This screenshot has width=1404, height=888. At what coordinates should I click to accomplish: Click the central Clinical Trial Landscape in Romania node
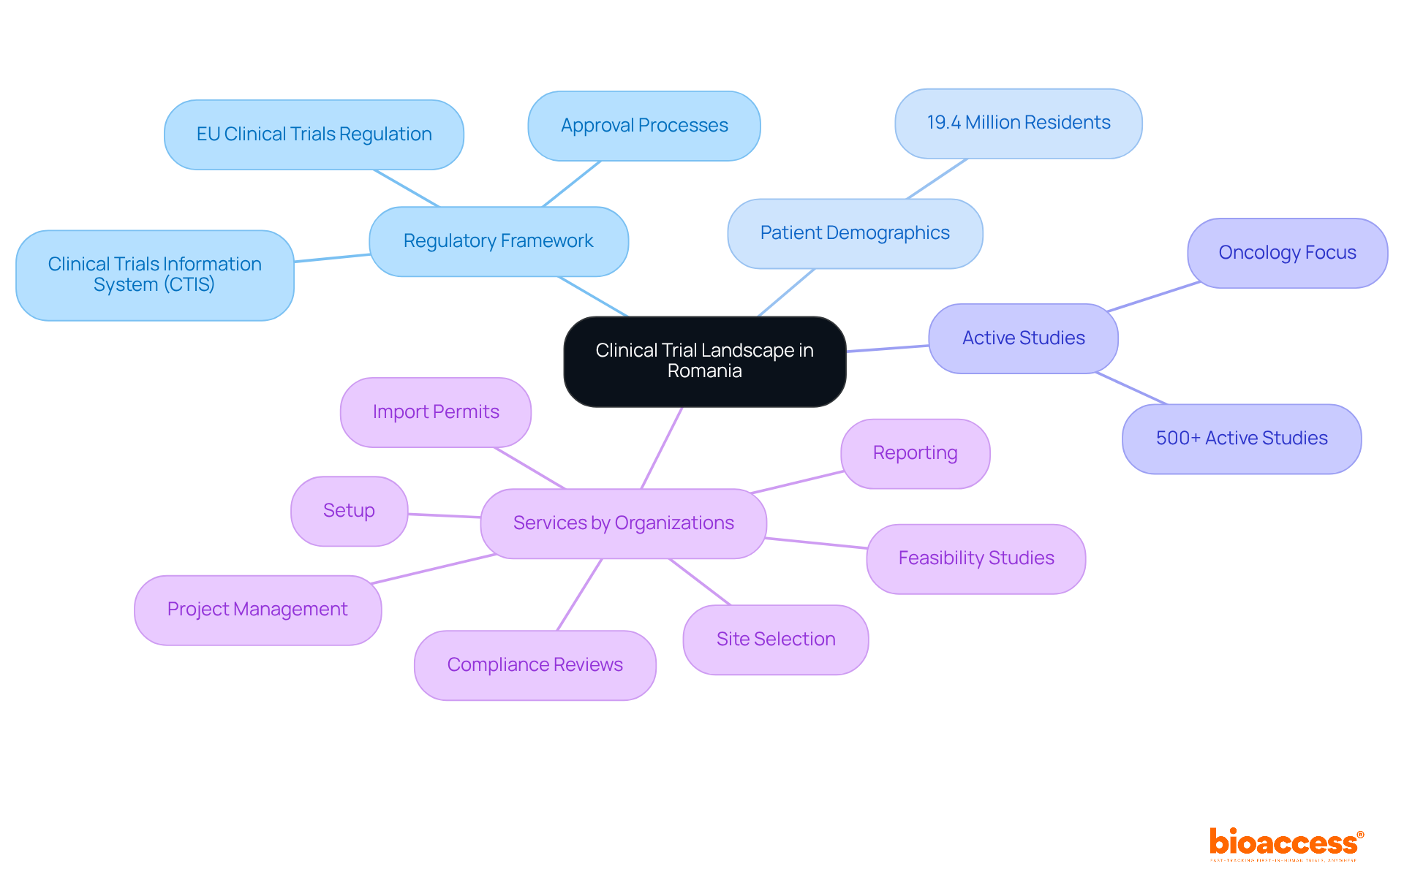pos(704,361)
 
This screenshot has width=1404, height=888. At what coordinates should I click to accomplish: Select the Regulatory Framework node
pos(499,241)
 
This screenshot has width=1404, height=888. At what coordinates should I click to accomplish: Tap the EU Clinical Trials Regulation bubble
pos(314,134)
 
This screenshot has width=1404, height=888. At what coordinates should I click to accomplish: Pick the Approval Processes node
pos(644,126)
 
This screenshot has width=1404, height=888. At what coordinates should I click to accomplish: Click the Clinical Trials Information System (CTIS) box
pos(155,275)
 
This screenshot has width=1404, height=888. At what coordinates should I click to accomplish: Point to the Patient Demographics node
pos(855,233)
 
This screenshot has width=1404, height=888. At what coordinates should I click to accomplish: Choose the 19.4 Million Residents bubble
pos(1019,123)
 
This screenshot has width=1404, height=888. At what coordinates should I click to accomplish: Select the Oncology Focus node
pos(1287,253)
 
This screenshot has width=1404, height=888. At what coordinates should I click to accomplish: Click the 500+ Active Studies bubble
pos(1242,439)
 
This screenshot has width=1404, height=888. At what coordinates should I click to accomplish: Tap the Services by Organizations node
pos(623,523)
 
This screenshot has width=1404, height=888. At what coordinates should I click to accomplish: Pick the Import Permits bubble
pos(436,412)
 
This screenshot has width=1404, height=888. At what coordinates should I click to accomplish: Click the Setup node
pos(349,511)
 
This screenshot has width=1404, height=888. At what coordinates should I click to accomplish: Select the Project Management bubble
pos(257,610)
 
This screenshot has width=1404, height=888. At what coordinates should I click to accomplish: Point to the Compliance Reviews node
pos(535,665)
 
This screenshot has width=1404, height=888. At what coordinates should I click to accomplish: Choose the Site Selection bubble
pos(776,640)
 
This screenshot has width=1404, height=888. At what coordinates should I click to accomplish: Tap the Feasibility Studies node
pos(976,558)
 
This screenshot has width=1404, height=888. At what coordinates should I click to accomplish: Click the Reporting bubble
pos(915,453)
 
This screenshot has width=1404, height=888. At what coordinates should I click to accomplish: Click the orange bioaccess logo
pos(1286,843)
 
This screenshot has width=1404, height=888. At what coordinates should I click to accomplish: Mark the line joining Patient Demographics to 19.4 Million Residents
pos(937,179)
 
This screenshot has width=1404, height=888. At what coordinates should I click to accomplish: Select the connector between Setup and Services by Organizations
pos(444,515)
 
